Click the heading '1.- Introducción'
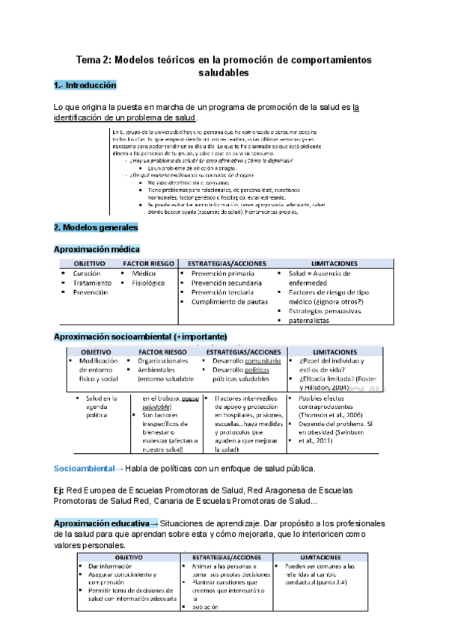click(x=85, y=86)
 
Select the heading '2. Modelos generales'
click(x=96, y=227)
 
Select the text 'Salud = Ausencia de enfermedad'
click(x=323, y=279)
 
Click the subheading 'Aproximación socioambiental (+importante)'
click(x=141, y=336)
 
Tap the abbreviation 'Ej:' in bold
click(x=60, y=490)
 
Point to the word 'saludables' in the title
click(x=224, y=73)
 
